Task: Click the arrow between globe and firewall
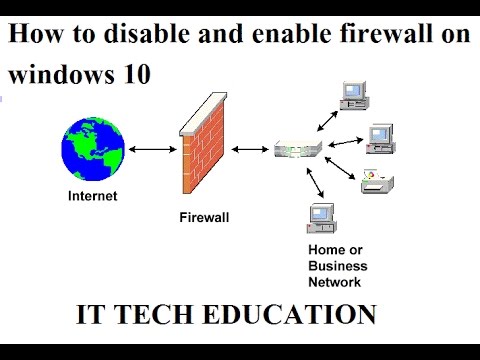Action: click(146, 150)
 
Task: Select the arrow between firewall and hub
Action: click(249, 150)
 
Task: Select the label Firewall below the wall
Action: click(205, 215)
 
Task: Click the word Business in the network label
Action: click(337, 266)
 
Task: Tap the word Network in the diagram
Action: click(335, 281)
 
